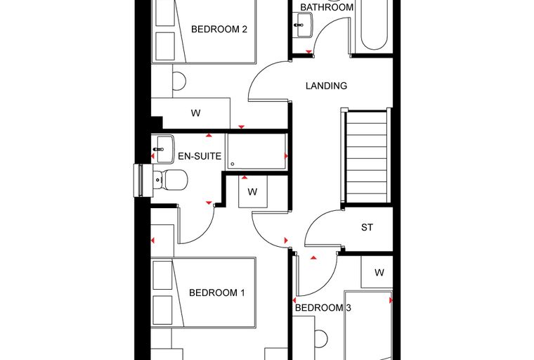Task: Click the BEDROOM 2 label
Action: (219, 30)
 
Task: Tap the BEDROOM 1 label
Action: (217, 292)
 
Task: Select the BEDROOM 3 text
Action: (323, 308)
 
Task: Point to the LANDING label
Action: (326, 86)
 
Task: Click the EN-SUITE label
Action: (200, 156)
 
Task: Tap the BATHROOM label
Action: (327, 7)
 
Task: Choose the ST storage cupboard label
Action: (367, 227)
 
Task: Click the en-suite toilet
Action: (170, 180)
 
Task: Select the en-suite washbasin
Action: (163, 149)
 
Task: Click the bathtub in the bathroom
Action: (374, 25)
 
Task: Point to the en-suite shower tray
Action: (256, 152)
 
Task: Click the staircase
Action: (366, 156)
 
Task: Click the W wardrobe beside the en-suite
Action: (253, 191)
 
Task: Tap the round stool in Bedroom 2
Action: (178, 82)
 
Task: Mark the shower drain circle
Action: (233, 164)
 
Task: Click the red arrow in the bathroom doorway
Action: (309, 52)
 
